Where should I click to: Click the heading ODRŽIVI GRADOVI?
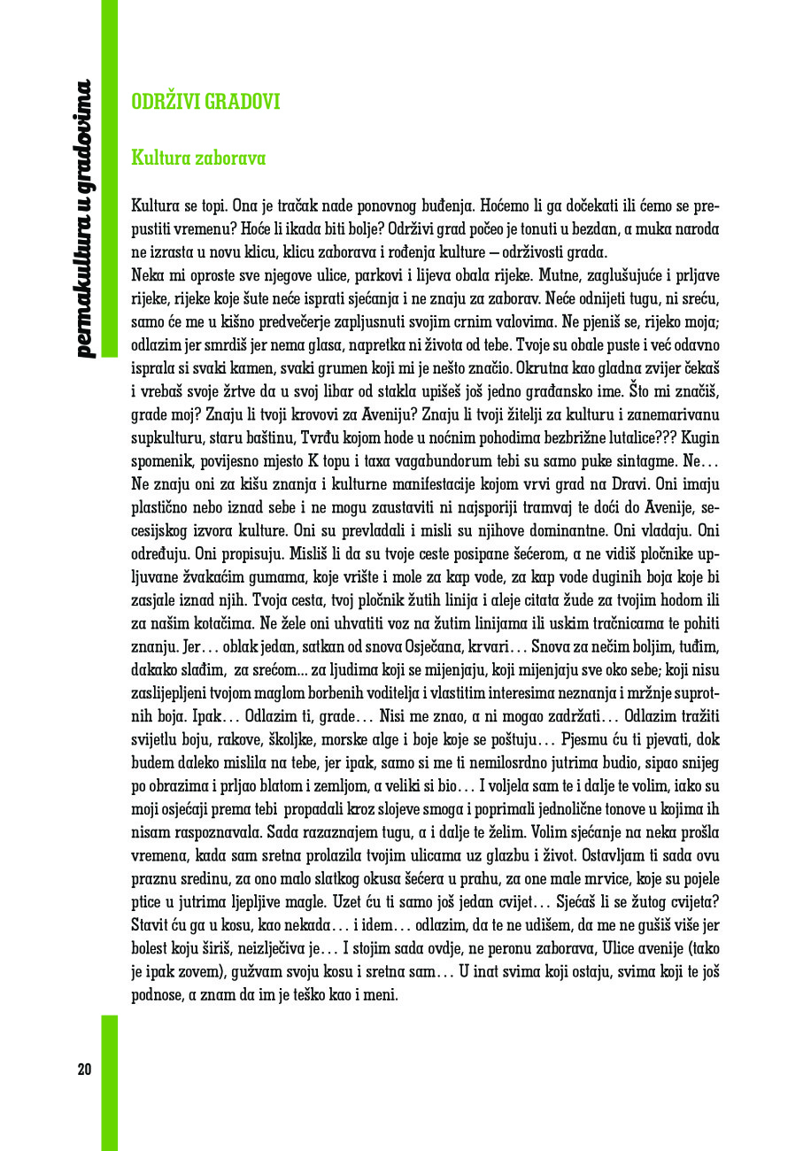pyautogui.click(x=205, y=102)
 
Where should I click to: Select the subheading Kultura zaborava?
pyautogui.click(x=198, y=158)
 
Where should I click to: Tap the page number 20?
pyautogui.click(x=84, y=1069)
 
